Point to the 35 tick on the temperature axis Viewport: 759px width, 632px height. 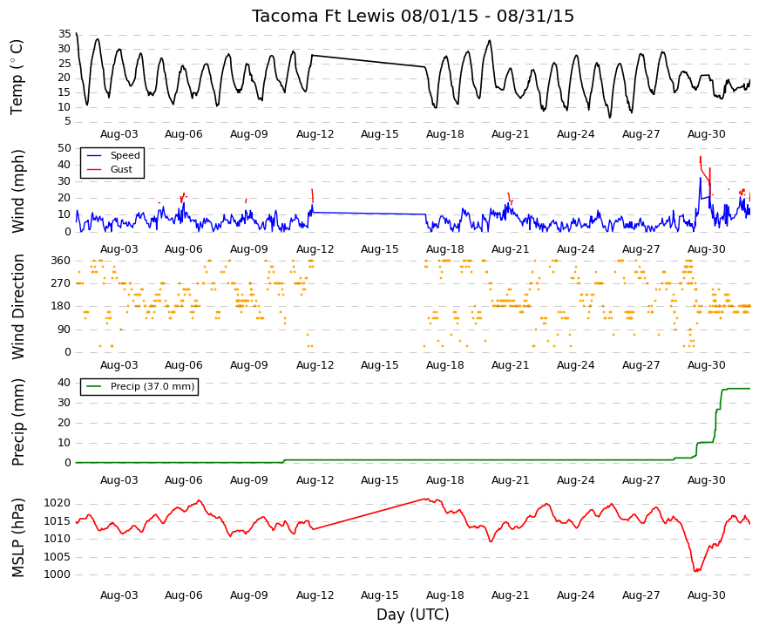pyautogui.click(x=64, y=34)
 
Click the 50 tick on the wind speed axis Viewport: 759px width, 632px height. pyautogui.click(x=64, y=148)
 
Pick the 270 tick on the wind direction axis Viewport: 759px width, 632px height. pyautogui.click(x=61, y=283)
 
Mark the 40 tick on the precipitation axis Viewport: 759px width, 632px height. pyautogui.click(x=64, y=383)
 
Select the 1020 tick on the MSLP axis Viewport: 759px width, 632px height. pyautogui.click(x=58, y=504)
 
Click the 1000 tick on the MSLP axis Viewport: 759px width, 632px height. pyautogui.click(x=58, y=574)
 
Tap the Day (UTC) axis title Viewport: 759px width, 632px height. pyautogui.click(x=413, y=615)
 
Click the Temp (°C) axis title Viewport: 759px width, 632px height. pyautogui.click(x=17, y=77)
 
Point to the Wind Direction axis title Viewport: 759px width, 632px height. pyautogui.click(x=18, y=307)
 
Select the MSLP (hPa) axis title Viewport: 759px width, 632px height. pyautogui.click(x=18, y=538)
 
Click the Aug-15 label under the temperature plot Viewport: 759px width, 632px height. pyautogui.click(x=380, y=134)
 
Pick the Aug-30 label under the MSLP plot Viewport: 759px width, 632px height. pyautogui.click(x=706, y=595)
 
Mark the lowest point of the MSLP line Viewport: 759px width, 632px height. pyautogui.click(x=695, y=572)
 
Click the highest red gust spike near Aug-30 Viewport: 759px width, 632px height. pyautogui.click(x=700, y=157)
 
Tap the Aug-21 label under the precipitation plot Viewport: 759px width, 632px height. pyautogui.click(x=510, y=480)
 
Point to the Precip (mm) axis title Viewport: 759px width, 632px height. pyautogui.click(x=18, y=422)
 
